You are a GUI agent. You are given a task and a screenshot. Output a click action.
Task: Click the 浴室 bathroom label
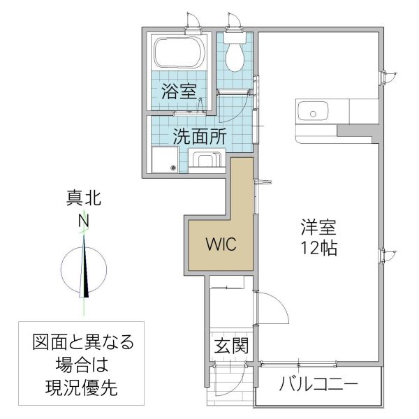tap(179, 90)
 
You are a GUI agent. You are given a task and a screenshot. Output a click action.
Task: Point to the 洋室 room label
tap(319, 228)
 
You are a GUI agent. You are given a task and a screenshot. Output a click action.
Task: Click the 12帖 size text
tap(319, 247)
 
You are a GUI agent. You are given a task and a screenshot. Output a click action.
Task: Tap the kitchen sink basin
tap(313, 112)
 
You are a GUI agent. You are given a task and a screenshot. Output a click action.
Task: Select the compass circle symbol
tap(84, 270)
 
